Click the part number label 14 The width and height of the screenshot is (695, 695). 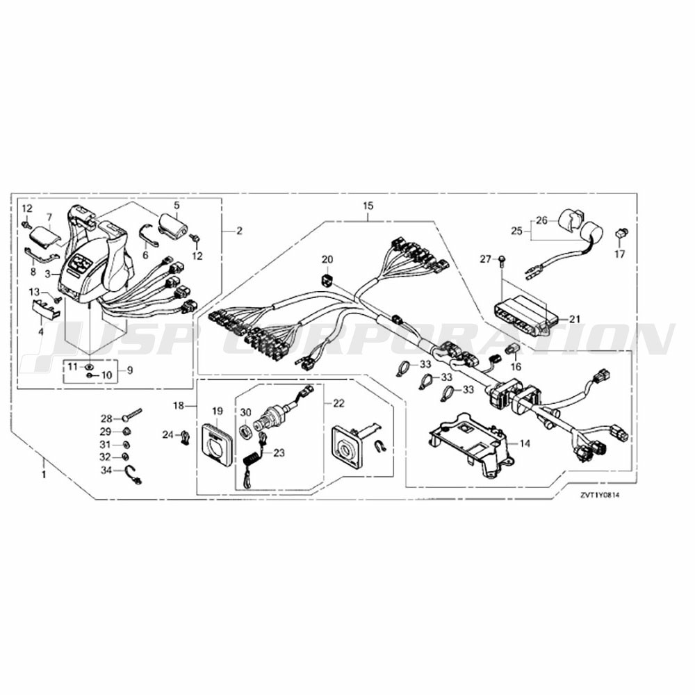(525, 443)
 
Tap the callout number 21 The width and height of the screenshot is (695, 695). (575, 319)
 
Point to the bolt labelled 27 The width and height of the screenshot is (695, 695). (502, 261)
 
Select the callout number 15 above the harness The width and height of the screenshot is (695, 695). (368, 206)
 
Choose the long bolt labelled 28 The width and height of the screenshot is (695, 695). (131, 416)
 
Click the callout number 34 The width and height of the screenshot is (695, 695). (106, 471)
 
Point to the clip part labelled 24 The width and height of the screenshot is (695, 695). (186, 436)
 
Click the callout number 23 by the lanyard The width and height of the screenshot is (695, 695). (279, 453)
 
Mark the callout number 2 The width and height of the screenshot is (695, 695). (239, 231)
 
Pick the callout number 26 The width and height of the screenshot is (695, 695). (542, 220)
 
